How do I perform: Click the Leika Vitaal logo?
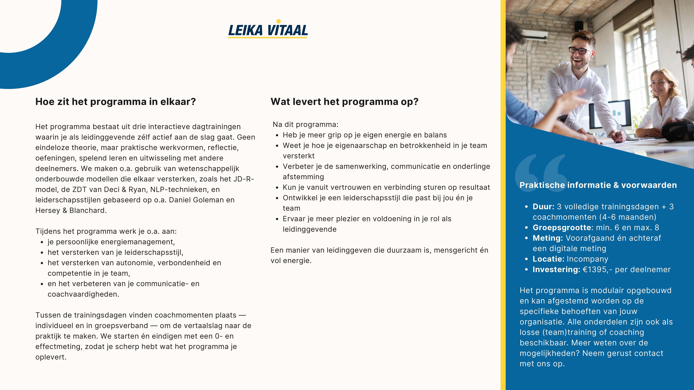[x=268, y=30]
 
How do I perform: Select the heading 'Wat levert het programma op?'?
[x=344, y=102]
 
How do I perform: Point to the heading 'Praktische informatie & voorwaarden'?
[x=598, y=185]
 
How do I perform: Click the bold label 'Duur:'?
[x=543, y=207]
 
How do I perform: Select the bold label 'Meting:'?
[x=547, y=238]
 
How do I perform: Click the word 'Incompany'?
[x=587, y=259]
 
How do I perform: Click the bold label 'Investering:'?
[x=556, y=270]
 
